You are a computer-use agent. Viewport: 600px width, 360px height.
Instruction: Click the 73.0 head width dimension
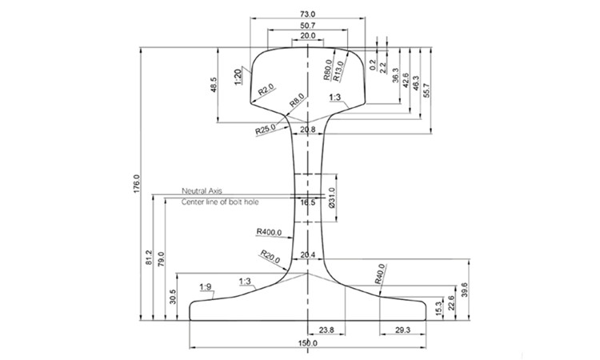pos(307,14)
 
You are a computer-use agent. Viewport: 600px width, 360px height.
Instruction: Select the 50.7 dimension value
pos(307,26)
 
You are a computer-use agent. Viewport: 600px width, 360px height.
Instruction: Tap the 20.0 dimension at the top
pos(307,38)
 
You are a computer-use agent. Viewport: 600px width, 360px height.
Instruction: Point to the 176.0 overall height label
pos(137,183)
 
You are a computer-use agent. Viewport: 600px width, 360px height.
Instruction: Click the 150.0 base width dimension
pos(307,343)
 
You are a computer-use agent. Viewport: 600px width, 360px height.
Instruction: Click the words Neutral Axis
pos(202,191)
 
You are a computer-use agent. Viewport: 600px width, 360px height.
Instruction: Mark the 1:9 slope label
pos(206,286)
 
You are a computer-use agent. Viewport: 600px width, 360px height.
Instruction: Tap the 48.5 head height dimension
pos(214,85)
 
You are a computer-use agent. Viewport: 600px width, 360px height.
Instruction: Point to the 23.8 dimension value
pos(326,329)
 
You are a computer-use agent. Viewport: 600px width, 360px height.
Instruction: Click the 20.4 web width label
pos(307,255)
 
